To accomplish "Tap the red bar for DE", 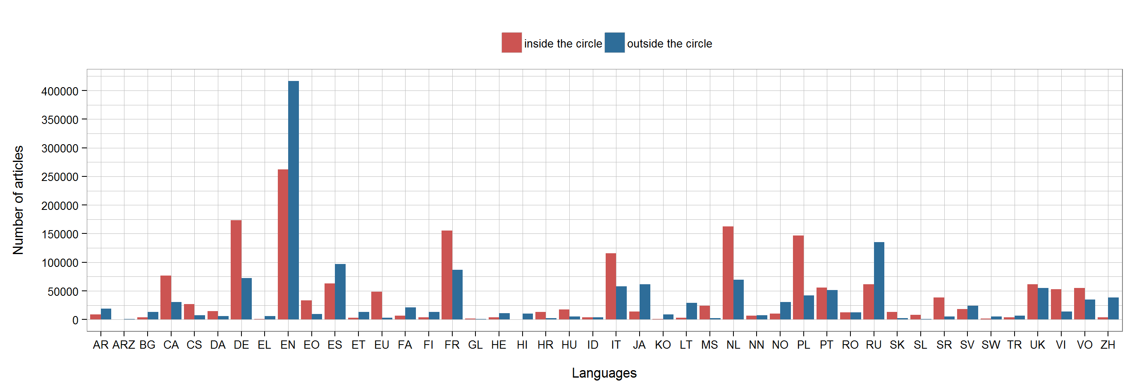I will pos(236,270).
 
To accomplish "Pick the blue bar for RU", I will pos(879,281).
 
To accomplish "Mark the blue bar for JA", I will pos(645,302).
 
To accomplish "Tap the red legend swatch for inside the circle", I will pos(511,43).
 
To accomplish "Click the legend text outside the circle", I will pos(669,44).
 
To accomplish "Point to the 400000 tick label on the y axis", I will pos(60,91).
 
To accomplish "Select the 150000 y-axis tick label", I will pos(60,234).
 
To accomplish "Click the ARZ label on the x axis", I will pos(124,345).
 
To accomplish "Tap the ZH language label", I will pos(1107,345).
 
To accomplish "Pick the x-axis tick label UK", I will pos(1037,345).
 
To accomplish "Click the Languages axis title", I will pos(604,373).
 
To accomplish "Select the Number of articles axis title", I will pos(18,200).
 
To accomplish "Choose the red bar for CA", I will pos(166,297).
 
